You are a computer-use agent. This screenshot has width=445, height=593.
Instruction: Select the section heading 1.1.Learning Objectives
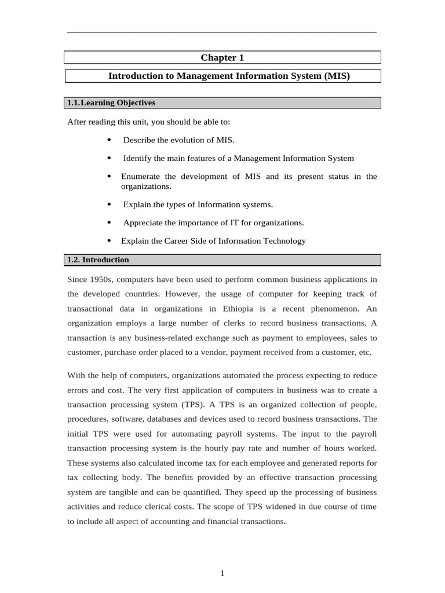tap(111, 103)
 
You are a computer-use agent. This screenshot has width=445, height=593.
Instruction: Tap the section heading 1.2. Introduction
tap(99, 260)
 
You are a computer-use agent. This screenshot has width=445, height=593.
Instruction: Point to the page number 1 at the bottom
tap(222, 573)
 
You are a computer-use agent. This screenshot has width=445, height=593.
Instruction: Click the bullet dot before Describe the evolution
tap(110, 140)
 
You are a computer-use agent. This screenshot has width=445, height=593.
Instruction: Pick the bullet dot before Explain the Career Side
tap(110, 241)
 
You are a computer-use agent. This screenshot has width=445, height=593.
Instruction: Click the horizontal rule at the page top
tap(222, 32)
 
